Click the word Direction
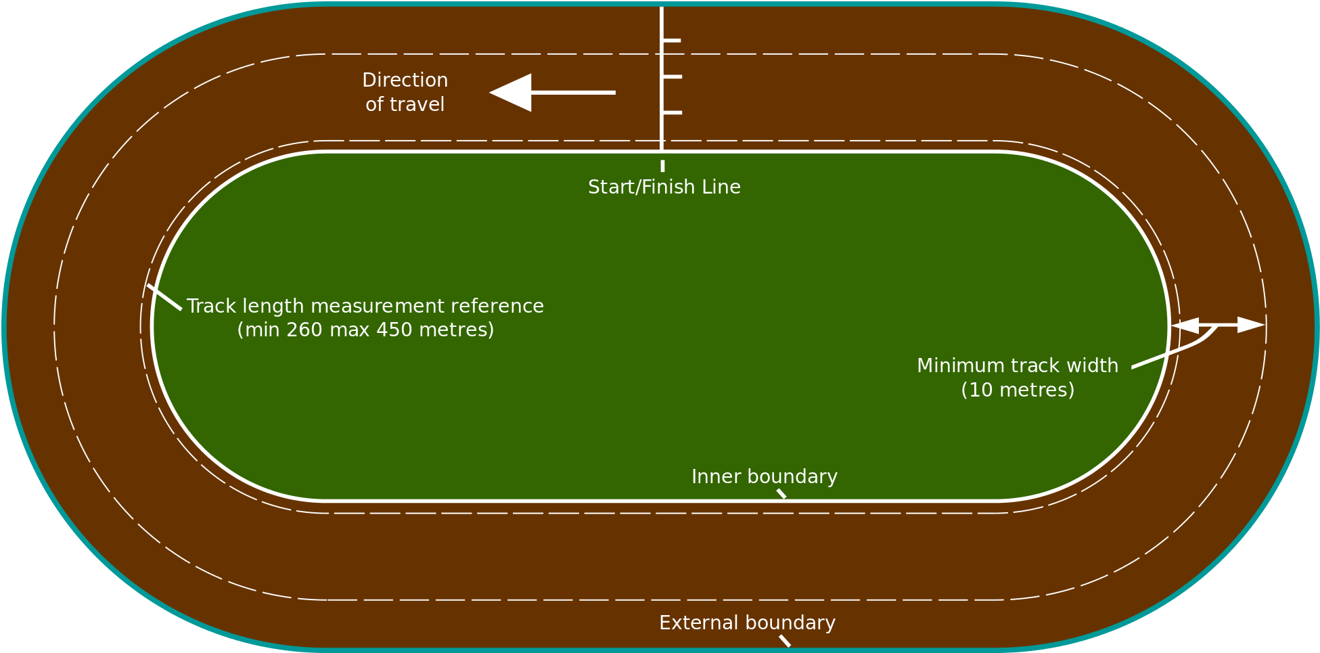pos(405,81)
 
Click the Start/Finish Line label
pos(664,187)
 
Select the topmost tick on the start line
pos(671,41)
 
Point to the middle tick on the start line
pos(672,77)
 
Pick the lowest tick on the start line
pos(672,112)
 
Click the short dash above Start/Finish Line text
pos(662,166)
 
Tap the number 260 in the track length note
pos(304,330)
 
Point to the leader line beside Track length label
pos(164,298)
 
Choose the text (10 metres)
pos(1018,390)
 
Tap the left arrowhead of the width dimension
pos(1185,325)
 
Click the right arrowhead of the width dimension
pos(1251,325)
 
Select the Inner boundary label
pos(764,477)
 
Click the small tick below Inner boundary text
pos(781,493)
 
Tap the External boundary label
pos(747,623)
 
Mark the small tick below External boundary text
pos(785,641)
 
